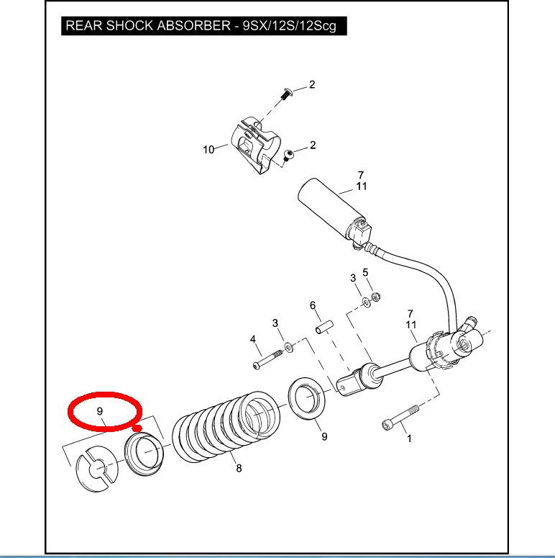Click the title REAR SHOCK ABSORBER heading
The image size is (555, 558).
[x=201, y=27]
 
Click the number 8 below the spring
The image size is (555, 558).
[x=239, y=469]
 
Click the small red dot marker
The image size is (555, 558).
[x=136, y=426]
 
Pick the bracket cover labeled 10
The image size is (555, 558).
[x=253, y=144]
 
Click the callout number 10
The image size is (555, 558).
[x=208, y=150]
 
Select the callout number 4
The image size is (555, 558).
[x=252, y=339]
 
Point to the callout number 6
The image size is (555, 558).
[x=313, y=305]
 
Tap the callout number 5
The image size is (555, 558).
[x=365, y=272]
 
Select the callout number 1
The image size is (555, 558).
[x=409, y=437]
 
